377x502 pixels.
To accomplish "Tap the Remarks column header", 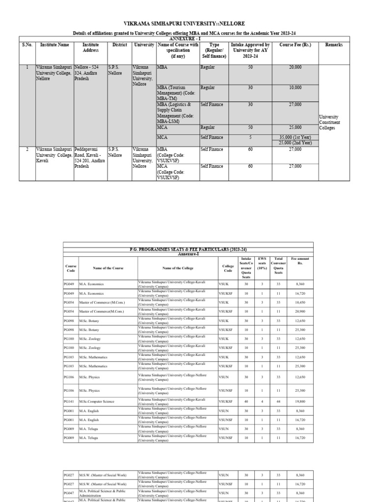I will (334, 45).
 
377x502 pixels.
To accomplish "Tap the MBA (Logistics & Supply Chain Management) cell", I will (177, 112).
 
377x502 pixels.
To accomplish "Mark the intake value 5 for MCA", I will (250, 137).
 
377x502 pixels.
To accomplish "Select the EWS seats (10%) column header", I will (262, 263).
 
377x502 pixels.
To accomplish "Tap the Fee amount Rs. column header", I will (300, 260).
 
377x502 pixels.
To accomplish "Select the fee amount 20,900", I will (300, 311).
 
